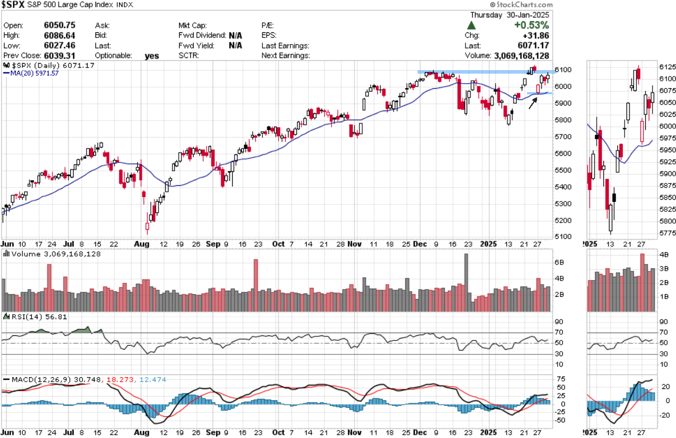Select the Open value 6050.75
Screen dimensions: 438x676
pyautogui.click(x=60, y=25)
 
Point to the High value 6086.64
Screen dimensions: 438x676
pyautogui.click(x=60, y=35)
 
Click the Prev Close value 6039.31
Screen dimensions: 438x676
pyautogui.click(x=60, y=55)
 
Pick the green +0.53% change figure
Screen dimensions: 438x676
pyautogui.click(x=531, y=25)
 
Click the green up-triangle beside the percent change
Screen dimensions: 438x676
pyautogui.click(x=472, y=26)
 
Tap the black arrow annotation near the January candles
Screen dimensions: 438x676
pyautogui.click(x=534, y=102)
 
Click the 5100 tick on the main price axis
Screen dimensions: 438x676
pyautogui.click(x=563, y=237)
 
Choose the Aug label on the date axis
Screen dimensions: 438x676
pyautogui.click(x=142, y=244)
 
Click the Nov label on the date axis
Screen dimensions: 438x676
pyautogui.click(x=354, y=244)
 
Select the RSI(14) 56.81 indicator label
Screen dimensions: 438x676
pyautogui.click(x=28, y=316)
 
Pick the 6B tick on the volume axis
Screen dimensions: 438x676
pyautogui.click(x=560, y=262)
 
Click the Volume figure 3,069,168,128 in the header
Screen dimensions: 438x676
pyautogui.click(x=521, y=56)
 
